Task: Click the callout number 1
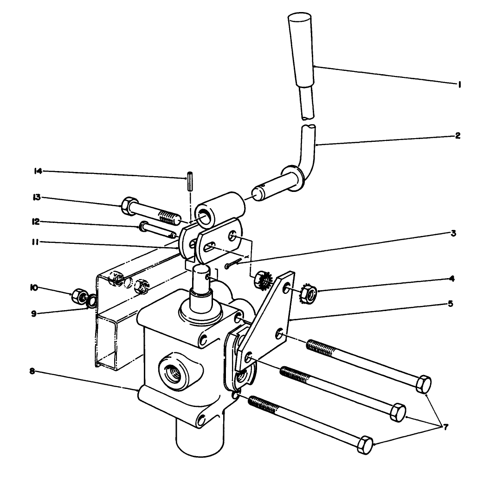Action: click(459, 84)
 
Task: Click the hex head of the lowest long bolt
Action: click(365, 444)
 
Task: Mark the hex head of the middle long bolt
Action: click(398, 412)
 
